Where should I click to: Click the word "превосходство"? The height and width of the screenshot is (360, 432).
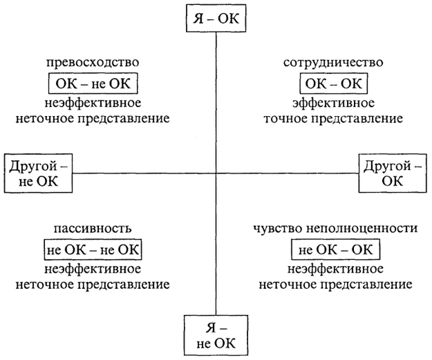[x=93, y=62]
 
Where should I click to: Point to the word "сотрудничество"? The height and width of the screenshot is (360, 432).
[x=333, y=62]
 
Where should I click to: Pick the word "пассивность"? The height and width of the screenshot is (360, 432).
[x=93, y=228]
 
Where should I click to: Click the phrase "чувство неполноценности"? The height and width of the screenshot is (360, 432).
[x=335, y=228]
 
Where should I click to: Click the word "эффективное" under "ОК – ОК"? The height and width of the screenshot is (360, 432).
[x=333, y=103]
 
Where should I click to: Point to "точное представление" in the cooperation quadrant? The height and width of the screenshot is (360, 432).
[x=333, y=119]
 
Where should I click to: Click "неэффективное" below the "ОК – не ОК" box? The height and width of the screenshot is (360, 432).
[x=93, y=103]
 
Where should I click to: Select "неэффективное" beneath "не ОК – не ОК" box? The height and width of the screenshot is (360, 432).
[x=93, y=269]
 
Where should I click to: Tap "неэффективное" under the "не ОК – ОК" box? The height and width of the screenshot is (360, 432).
[x=335, y=269]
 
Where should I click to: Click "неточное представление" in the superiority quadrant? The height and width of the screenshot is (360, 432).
[x=93, y=119]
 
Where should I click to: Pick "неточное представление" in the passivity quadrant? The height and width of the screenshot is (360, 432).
[x=93, y=285]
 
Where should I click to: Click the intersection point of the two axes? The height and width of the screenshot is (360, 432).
[x=216, y=173]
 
